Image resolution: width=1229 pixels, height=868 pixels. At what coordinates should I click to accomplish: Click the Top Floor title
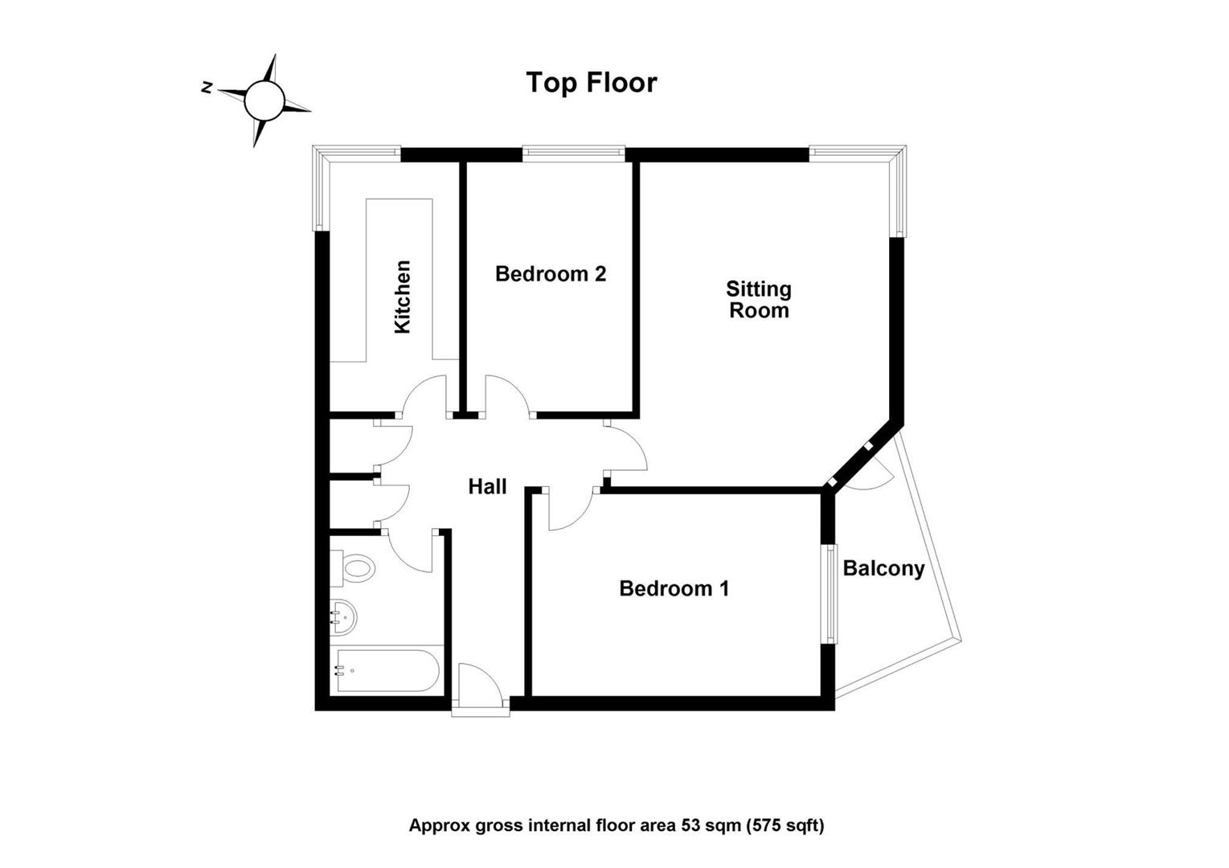point(592,83)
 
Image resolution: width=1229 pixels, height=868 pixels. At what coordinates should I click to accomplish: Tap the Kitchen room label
point(403,297)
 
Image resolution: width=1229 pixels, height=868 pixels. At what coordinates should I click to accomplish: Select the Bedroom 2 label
point(551,274)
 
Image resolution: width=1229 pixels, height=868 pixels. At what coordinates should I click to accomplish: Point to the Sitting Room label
point(759,300)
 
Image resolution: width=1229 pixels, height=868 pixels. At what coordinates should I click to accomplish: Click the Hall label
point(487,487)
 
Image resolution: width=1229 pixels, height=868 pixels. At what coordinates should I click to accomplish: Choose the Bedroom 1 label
point(674,589)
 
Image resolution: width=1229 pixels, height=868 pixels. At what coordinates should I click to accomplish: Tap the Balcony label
point(884,569)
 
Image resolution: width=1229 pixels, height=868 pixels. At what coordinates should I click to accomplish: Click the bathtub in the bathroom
point(387,671)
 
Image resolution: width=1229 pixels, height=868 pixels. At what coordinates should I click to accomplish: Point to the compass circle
point(264,100)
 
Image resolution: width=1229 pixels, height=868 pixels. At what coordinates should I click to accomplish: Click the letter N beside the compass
point(207,88)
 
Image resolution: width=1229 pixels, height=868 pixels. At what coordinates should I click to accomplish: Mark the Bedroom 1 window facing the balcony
point(832,594)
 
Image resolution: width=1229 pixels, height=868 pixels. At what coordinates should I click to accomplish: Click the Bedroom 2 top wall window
point(573,154)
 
